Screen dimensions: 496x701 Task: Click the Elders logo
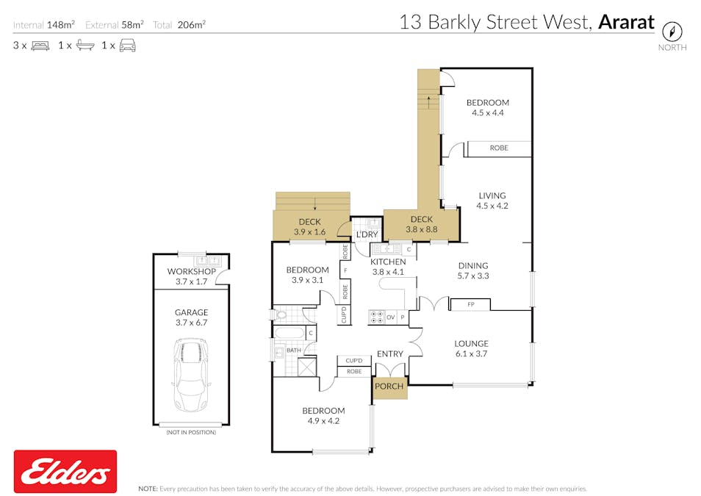65,471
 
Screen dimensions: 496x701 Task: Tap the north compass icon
672,32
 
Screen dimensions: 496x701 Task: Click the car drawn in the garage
191,374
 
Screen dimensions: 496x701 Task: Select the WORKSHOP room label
190,271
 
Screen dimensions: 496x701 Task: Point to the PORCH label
389,387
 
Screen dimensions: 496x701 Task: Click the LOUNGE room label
471,343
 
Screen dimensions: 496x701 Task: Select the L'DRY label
366,235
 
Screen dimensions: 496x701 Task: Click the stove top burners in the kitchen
377,317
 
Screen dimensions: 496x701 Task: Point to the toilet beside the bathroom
281,315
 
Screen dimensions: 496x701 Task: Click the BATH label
293,351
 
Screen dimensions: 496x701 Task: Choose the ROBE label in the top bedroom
499,148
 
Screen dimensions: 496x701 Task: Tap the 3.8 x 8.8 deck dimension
421,229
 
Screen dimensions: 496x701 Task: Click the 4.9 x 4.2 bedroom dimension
323,421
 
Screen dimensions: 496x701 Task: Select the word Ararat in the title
625,22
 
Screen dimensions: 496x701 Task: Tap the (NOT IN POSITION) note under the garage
191,432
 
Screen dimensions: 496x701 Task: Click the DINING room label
472,266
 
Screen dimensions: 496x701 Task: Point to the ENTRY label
389,354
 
